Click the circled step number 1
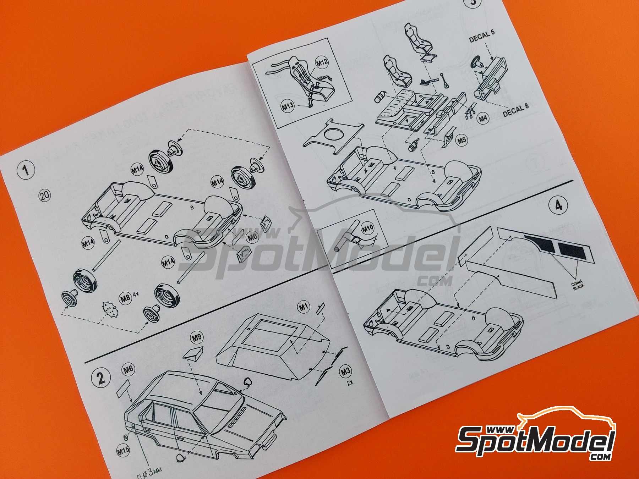click(x=26, y=170)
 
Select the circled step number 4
click(x=559, y=206)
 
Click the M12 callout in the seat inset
click(x=322, y=63)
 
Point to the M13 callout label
click(x=288, y=105)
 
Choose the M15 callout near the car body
click(x=123, y=451)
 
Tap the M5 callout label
click(x=461, y=140)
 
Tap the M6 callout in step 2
click(x=129, y=369)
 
